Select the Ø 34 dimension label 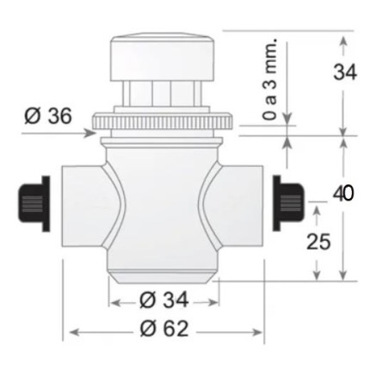164,300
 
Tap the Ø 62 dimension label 165,330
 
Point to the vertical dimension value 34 345,72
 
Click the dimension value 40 343,192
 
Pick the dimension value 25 319,242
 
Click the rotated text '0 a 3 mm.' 272,80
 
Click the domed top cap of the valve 163,55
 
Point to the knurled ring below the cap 163,120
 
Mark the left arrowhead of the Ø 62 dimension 70,330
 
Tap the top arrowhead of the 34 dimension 345,38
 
